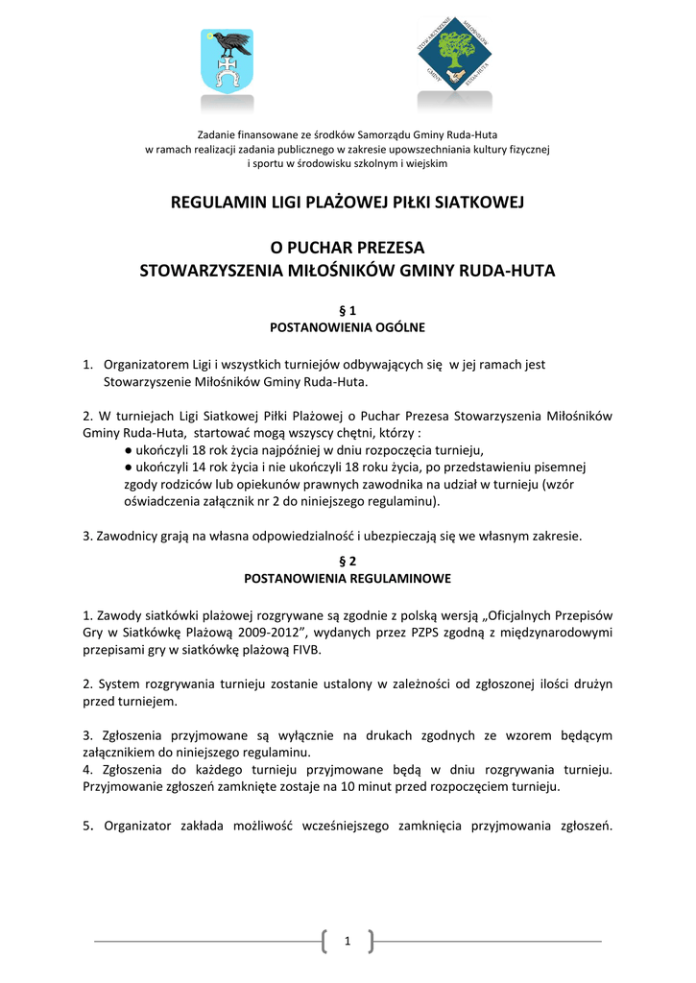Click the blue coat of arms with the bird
click(227, 61)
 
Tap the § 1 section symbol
click(348, 310)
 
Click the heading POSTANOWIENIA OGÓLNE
click(348, 327)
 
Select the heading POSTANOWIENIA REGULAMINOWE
click(348, 579)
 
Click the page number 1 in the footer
click(348, 943)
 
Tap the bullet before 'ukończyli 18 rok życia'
click(129, 450)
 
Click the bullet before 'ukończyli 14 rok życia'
click(129, 467)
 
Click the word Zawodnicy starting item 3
click(127, 536)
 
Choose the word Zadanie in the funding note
click(217, 133)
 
